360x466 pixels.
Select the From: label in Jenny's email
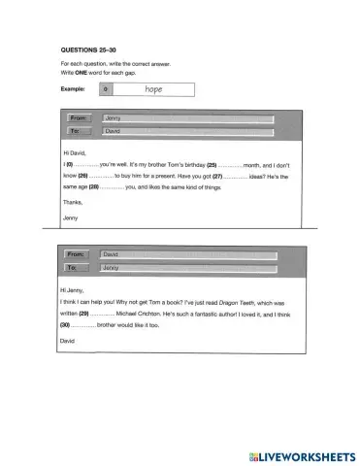[79, 117]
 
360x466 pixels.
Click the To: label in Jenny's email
[79, 130]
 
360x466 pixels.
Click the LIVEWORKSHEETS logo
[301, 454]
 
